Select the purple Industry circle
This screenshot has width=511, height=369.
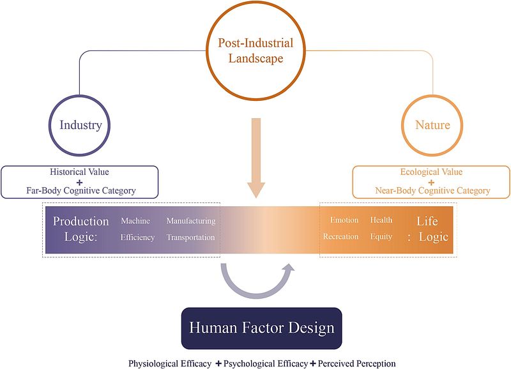click(80, 124)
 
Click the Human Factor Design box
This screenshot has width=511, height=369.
click(261, 329)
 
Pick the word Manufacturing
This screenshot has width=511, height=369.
click(191, 221)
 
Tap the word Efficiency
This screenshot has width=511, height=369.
click(138, 237)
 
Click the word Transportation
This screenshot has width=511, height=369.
click(191, 237)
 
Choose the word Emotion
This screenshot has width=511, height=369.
click(344, 221)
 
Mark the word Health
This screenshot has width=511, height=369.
click(381, 221)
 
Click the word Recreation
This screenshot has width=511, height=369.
click(340, 237)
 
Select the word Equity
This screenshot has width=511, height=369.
click(381, 237)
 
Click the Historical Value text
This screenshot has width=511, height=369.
click(80, 172)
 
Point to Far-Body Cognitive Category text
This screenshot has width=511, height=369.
click(80, 190)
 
